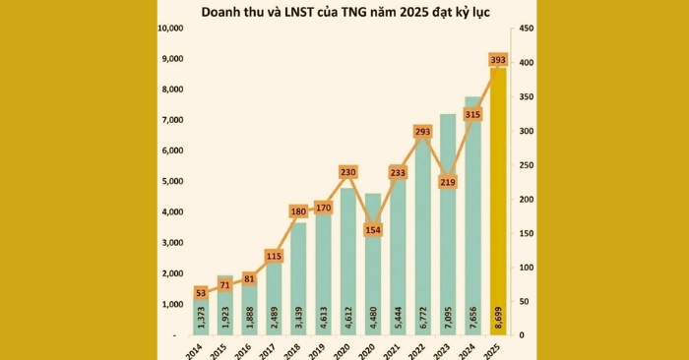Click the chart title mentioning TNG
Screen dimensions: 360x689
(345, 13)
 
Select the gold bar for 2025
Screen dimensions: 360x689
(498, 197)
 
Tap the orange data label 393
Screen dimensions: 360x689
(498, 61)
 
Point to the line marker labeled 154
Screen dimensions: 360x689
(373, 229)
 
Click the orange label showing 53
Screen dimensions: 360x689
(201, 292)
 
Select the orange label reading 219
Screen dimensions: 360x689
(449, 182)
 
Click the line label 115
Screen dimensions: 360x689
(274, 256)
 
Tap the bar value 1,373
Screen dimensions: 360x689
(201, 319)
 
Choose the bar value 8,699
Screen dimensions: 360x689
(498, 319)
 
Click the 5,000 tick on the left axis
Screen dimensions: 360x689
(174, 181)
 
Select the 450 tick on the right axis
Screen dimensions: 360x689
(528, 28)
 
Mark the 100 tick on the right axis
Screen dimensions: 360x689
(528, 267)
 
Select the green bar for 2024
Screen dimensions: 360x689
(473, 216)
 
